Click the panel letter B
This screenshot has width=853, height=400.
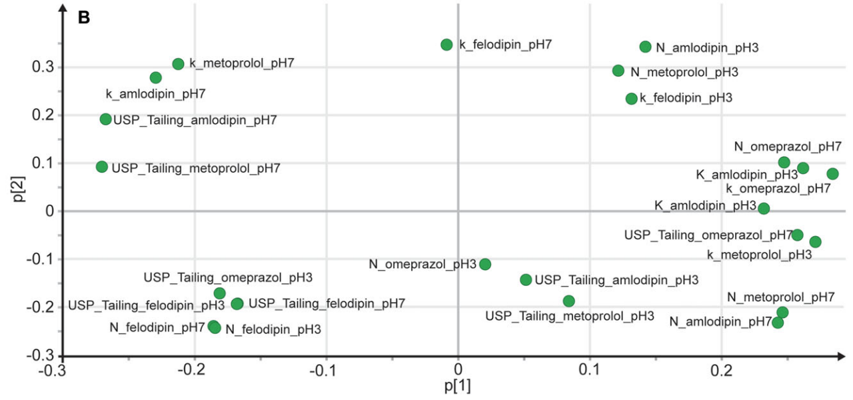point(84,18)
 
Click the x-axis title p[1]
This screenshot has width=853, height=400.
point(458,386)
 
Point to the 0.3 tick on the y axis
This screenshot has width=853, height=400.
point(41,67)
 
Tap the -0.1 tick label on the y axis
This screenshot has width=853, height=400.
point(39,259)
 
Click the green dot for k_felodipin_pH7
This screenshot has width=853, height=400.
point(446,45)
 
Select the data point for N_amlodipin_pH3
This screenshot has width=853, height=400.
point(645,47)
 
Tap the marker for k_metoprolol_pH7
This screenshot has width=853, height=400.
point(178,64)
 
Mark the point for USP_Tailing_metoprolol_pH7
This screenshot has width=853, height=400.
point(102,167)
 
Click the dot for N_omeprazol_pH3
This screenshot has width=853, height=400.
point(485,264)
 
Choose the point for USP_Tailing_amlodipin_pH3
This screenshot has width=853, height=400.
point(526,280)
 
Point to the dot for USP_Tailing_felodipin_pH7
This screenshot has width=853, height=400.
point(237,304)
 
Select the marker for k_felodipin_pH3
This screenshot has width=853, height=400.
point(632,99)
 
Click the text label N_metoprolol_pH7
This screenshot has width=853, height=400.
point(780,297)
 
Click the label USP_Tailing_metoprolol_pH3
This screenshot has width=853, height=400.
point(570,316)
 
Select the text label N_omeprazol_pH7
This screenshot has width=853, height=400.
point(788,147)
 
